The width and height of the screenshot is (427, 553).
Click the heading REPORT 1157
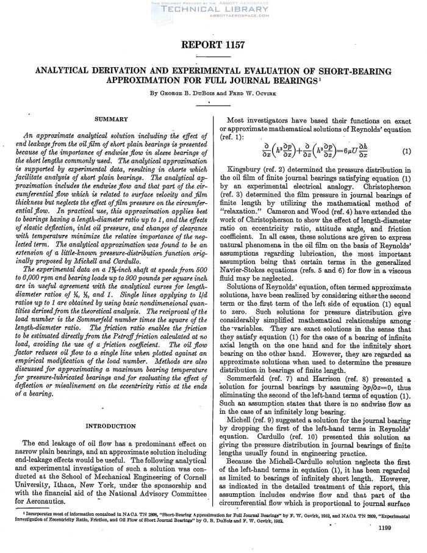[x=213, y=45]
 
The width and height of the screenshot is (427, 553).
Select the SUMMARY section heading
[x=111, y=120]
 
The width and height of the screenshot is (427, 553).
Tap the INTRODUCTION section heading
[x=111, y=425]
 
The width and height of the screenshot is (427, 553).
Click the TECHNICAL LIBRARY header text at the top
[x=213, y=10]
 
